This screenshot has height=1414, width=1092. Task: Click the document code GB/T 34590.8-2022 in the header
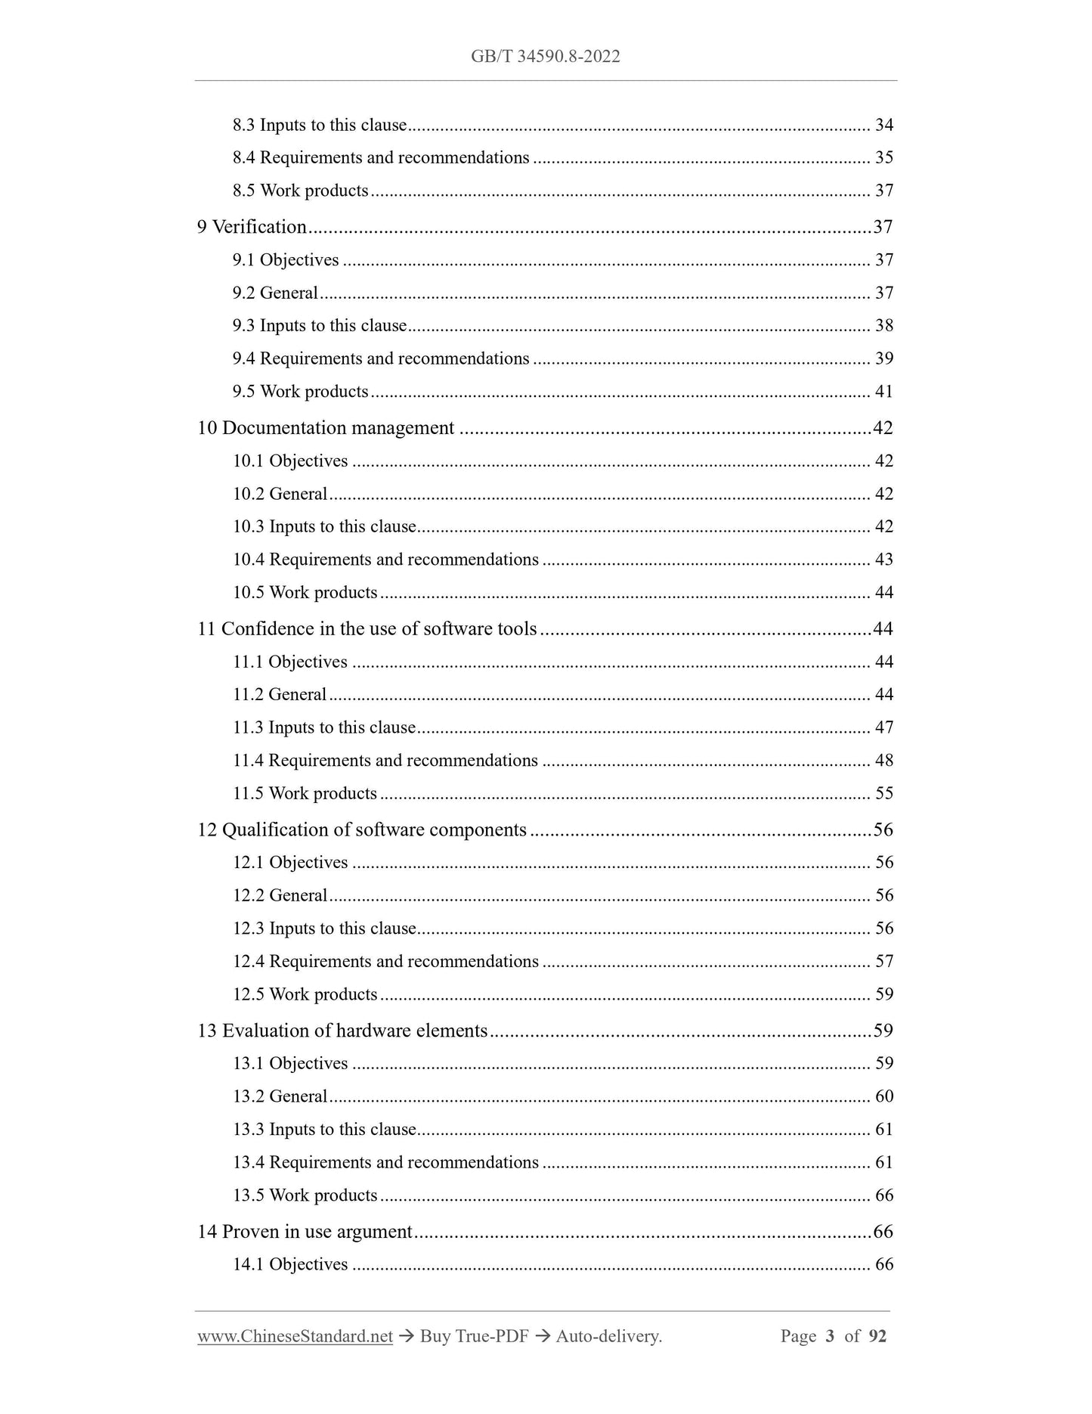coord(545,57)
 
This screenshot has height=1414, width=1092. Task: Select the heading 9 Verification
coord(252,227)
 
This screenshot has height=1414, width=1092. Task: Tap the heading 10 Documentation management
coord(326,428)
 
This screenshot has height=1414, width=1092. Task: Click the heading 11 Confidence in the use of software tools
coord(367,629)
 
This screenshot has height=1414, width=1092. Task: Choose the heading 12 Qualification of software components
coord(362,829)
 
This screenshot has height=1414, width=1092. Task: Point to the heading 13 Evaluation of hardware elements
coord(342,1031)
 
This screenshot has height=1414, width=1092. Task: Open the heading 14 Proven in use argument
coord(305,1232)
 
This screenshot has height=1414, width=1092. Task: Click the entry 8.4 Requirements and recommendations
coord(381,158)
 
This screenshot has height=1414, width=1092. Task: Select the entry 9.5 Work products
coord(300,392)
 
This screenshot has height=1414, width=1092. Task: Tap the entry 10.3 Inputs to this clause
coord(324,527)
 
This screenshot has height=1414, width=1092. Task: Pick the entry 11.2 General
coord(280,695)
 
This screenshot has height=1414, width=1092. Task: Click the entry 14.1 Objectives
coord(290,1264)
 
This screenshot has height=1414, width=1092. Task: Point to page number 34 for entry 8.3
coord(883,126)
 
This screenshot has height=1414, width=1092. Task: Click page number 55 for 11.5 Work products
coord(883,793)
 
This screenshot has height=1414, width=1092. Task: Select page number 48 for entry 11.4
coord(883,761)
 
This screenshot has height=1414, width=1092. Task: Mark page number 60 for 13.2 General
coord(883,1096)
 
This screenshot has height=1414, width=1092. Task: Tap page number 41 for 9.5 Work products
coord(883,392)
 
